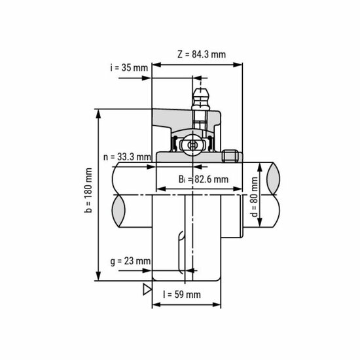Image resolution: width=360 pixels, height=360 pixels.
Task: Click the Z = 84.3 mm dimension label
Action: coord(201,54)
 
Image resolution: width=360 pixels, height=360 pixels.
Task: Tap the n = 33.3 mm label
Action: coord(127,157)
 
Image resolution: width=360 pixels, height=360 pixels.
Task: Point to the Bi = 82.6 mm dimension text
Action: coord(204,179)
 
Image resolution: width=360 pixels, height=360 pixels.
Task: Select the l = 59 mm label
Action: coord(181,295)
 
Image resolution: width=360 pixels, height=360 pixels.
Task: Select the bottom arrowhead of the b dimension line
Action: coord(99,278)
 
